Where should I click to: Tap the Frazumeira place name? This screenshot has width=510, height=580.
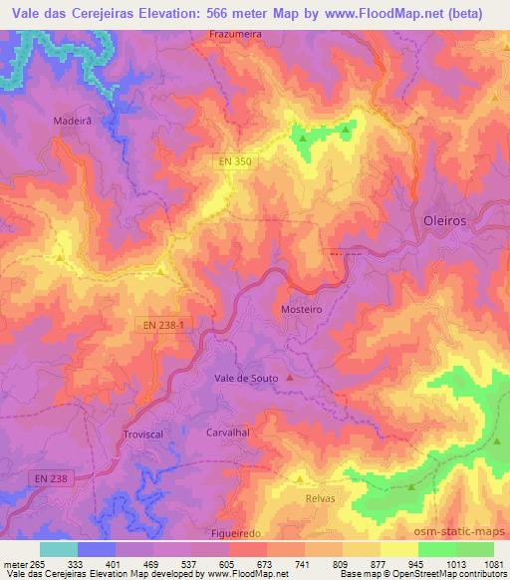236,33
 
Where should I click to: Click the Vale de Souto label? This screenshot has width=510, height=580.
245,378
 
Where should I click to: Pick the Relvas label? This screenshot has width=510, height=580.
321,496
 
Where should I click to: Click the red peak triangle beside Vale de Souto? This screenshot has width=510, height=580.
290,378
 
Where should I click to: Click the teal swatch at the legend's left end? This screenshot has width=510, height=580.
58,549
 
